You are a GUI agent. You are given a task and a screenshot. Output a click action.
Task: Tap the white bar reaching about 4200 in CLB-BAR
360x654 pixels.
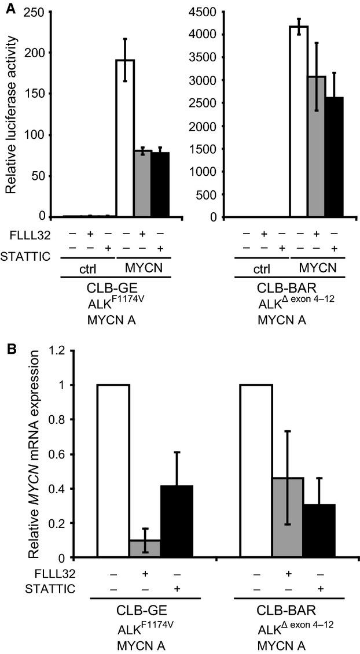(298, 121)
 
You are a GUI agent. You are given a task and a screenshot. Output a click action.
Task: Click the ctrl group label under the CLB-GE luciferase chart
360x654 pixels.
(89, 269)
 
